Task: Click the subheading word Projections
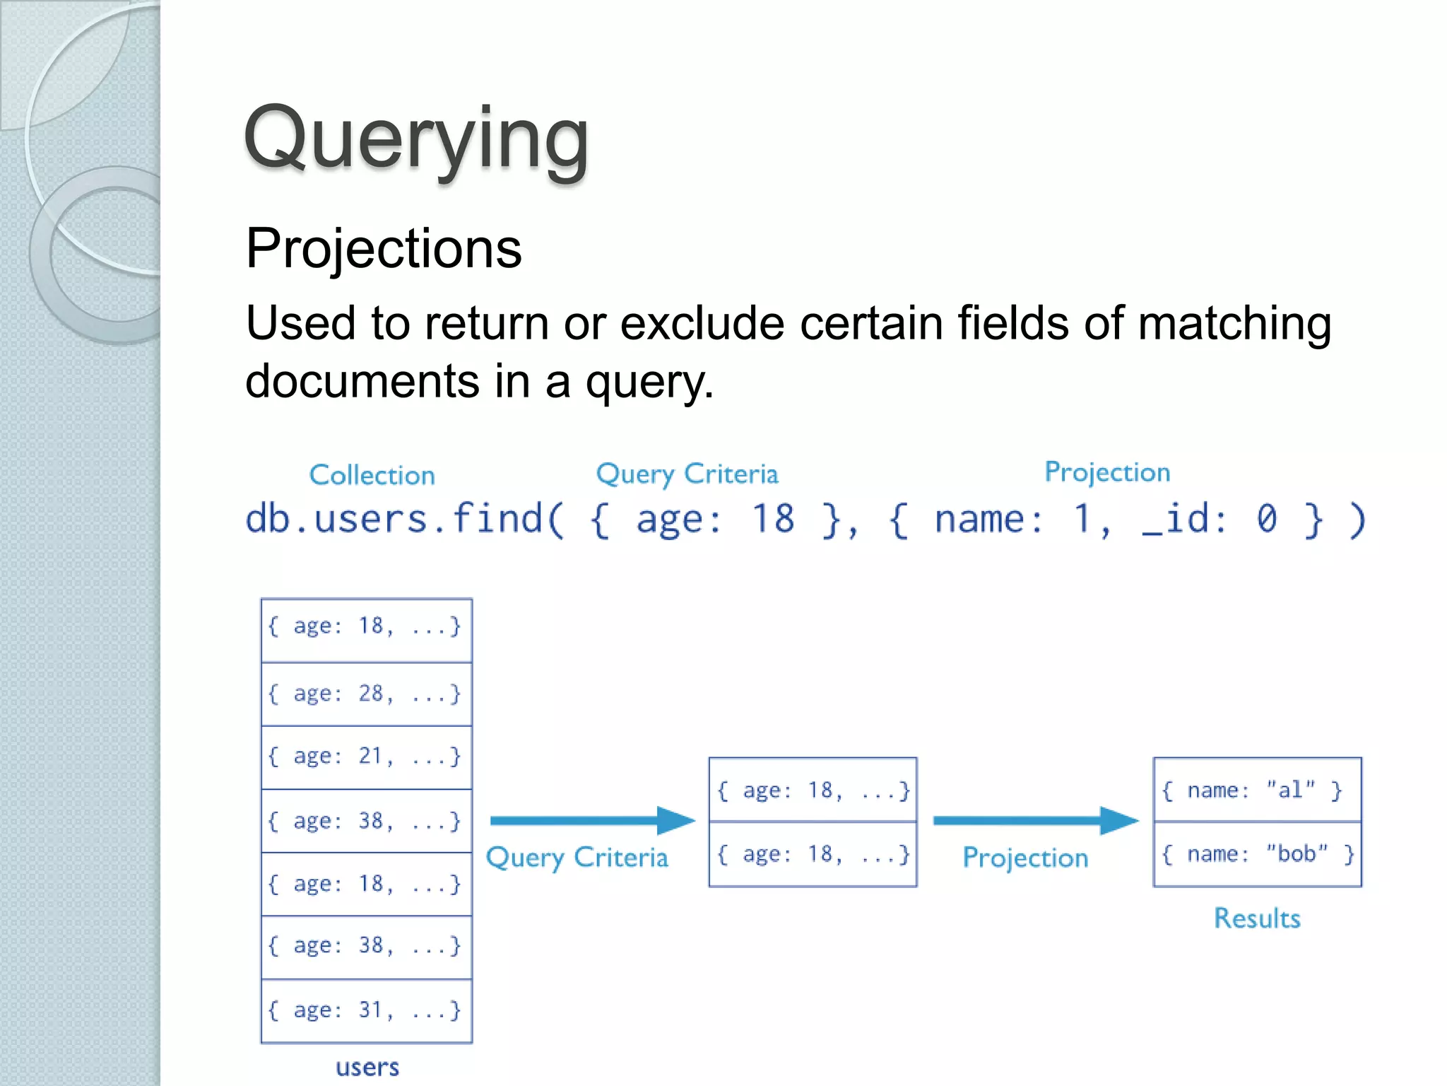click(384, 249)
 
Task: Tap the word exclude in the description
click(702, 324)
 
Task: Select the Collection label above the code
click(372, 475)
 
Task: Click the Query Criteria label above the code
click(687, 474)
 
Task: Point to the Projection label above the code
click(1107, 472)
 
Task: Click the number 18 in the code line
click(772, 519)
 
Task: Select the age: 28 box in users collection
click(366, 694)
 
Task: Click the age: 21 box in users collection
click(366, 757)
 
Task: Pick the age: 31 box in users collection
click(366, 1010)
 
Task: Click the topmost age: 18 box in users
click(366, 626)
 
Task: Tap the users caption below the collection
click(367, 1067)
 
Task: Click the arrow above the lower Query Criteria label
click(592, 820)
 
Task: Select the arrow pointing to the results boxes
click(1035, 820)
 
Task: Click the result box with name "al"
click(1256, 790)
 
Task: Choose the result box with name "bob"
click(1256, 854)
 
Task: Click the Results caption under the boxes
click(1256, 918)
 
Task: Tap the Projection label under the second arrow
click(1025, 858)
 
